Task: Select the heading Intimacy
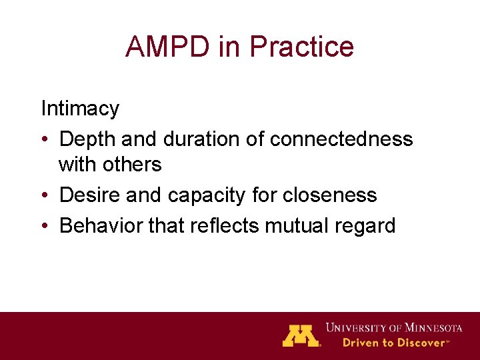click(80, 108)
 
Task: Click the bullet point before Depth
click(45, 139)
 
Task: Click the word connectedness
click(341, 139)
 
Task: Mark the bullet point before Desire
click(45, 195)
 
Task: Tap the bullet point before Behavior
click(45, 226)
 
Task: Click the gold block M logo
click(301, 335)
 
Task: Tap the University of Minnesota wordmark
click(393, 327)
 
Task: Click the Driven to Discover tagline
click(395, 343)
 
